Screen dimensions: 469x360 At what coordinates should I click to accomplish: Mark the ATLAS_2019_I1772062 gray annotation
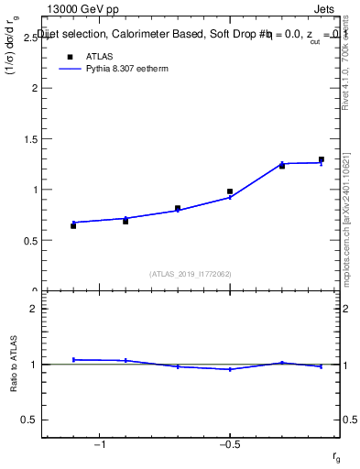coord(191,273)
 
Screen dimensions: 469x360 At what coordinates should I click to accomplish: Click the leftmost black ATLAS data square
coord(73,225)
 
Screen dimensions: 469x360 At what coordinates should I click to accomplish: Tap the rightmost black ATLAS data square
coord(322,159)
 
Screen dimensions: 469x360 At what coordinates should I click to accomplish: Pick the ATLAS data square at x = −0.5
coord(230,191)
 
